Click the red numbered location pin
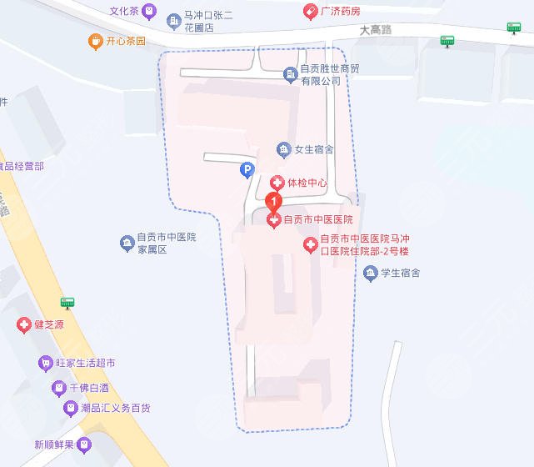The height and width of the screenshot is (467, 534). [272, 202]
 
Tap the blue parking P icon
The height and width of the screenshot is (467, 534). [246, 170]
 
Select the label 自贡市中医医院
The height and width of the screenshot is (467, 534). [318, 220]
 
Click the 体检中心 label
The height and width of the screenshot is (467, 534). [307, 183]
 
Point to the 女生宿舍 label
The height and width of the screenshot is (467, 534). [314, 150]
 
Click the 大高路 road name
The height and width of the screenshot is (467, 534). [375, 29]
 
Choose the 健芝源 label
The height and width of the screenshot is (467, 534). [49, 324]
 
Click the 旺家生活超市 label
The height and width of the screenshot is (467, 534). [85, 363]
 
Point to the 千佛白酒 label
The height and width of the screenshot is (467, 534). [89, 388]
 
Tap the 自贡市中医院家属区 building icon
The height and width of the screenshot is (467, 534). [126, 244]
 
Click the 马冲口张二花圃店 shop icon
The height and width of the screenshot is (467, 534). [173, 19]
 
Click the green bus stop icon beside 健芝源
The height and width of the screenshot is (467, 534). [67, 303]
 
